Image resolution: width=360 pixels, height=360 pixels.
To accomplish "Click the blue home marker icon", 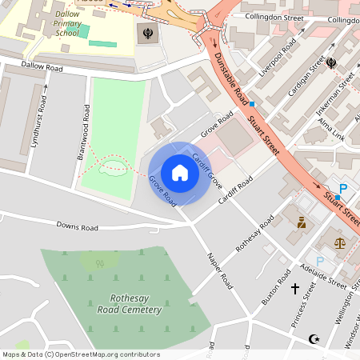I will (x=180, y=173).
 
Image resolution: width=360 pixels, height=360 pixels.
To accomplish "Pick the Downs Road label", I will (x=78, y=228).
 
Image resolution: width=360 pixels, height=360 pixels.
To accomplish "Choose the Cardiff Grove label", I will (x=206, y=168).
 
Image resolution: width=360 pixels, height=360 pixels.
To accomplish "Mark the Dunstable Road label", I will (x=230, y=78).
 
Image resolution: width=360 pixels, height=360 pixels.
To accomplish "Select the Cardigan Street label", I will (x=316, y=77).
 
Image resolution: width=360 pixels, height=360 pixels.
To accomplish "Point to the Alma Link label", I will (x=331, y=128).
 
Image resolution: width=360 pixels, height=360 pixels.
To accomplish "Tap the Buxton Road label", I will (x=277, y=289).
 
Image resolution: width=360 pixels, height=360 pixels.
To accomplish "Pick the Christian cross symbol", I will (x=294, y=288).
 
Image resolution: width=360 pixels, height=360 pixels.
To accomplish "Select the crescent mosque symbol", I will (x=314, y=339).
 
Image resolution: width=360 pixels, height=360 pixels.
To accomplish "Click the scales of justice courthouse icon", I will (x=341, y=241).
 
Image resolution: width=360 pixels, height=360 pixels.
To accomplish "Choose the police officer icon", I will (x=302, y=222).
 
